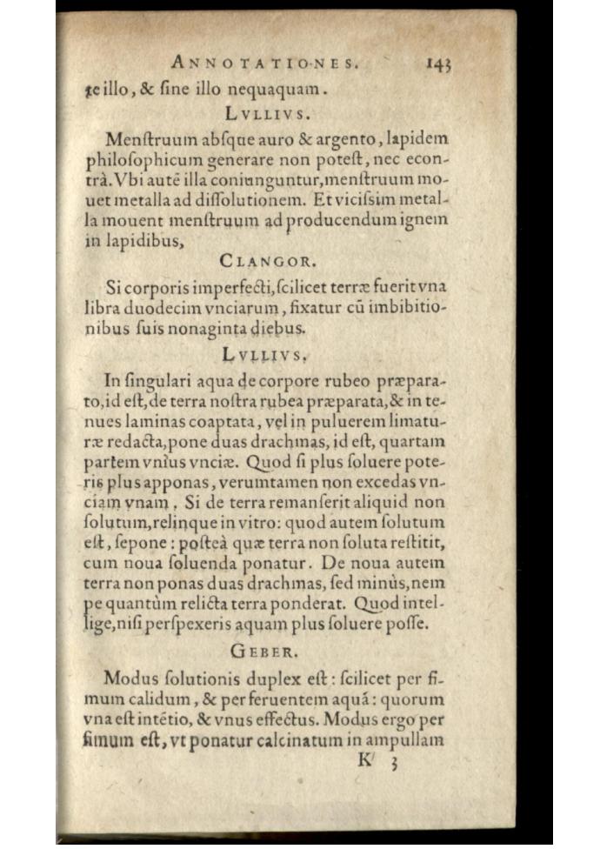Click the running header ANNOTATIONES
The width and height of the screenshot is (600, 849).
click(267, 62)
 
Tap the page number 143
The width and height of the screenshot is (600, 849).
click(440, 63)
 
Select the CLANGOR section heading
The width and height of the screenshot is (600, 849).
click(269, 260)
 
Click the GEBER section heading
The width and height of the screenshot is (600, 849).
click(269, 651)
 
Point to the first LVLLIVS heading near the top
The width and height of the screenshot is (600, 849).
click(268, 113)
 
